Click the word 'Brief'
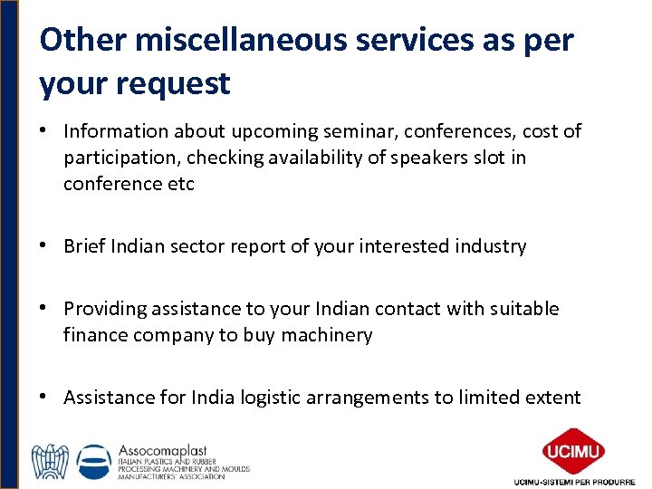[84, 246]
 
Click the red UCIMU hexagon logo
[573, 450]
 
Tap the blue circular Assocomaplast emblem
[95, 461]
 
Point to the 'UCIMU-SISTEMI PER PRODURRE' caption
[574, 481]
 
